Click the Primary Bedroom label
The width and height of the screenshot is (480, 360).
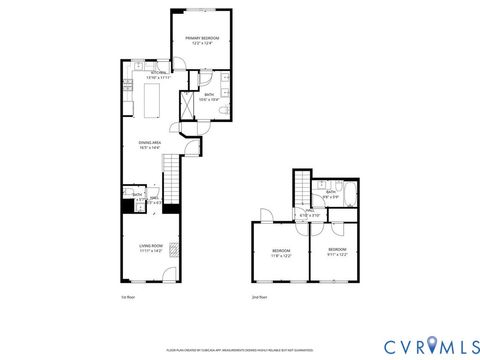pyautogui.click(x=203, y=38)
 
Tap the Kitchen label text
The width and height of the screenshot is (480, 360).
pyautogui.click(x=158, y=72)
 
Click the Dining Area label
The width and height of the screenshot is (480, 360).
pyautogui.click(x=150, y=143)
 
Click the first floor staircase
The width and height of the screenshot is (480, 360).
pyautogui.click(x=171, y=180)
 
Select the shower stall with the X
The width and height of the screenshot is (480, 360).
pyautogui.click(x=188, y=105)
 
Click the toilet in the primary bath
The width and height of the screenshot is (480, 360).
pyautogui.click(x=225, y=110)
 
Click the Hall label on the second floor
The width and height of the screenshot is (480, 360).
pyautogui.click(x=310, y=211)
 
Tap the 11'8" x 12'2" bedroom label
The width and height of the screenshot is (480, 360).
pyautogui.click(x=282, y=253)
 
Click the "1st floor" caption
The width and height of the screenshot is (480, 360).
pyautogui.click(x=127, y=297)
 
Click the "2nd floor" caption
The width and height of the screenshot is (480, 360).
pyautogui.click(x=259, y=297)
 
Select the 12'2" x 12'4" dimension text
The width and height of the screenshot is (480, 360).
pyautogui.click(x=203, y=42)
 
